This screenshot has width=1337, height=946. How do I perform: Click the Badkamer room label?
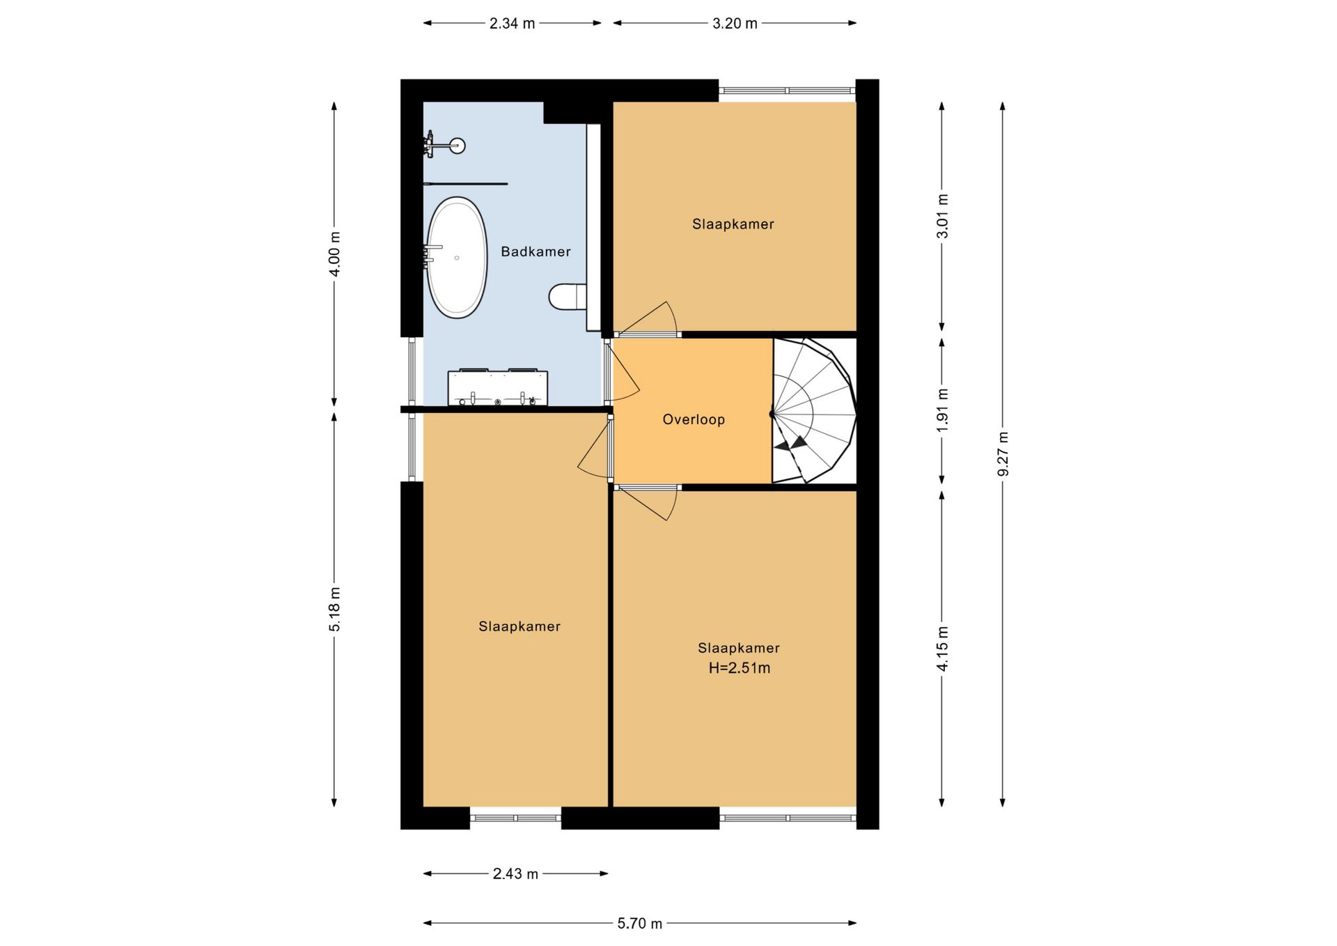pyautogui.click(x=535, y=251)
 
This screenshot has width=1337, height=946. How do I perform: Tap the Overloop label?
pyautogui.click(x=694, y=419)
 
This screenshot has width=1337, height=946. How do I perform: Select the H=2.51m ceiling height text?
pyautogui.click(x=740, y=668)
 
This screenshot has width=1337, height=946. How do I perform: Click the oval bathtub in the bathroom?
pyautogui.click(x=456, y=258)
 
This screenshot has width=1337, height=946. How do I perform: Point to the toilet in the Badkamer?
pyautogui.click(x=568, y=297)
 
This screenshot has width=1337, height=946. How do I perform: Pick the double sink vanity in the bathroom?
pyautogui.click(x=497, y=387)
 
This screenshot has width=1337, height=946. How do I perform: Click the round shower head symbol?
pyautogui.click(x=458, y=146)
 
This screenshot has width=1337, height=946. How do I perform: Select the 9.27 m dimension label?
pyautogui.click(x=1003, y=454)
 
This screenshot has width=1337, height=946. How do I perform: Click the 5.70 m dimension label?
pyautogui.click(x=639, y=924)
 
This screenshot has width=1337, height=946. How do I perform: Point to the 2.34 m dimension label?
pyautogui.click(x=512, y=24)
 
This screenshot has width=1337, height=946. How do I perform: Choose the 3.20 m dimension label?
pyautogui.click(x=735, y=24)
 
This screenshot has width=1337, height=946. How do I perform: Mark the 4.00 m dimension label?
pyautogui.click(x=334, y=253)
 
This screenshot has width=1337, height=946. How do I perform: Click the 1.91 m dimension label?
pyautogui.click(x=942, y=410)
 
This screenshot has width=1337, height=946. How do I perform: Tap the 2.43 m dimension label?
pyautogui.click(x=515, y=874)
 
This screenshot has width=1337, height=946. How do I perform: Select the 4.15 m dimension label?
pyautogui.click(x=942, y=649)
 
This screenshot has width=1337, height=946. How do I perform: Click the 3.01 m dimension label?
pyautogui.click(x=942, y=216)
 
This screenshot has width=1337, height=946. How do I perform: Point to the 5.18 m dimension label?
pyautogui.click(x=334, y=610)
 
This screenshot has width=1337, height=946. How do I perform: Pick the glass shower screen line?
pyautogui.click(x=465, y=184)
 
